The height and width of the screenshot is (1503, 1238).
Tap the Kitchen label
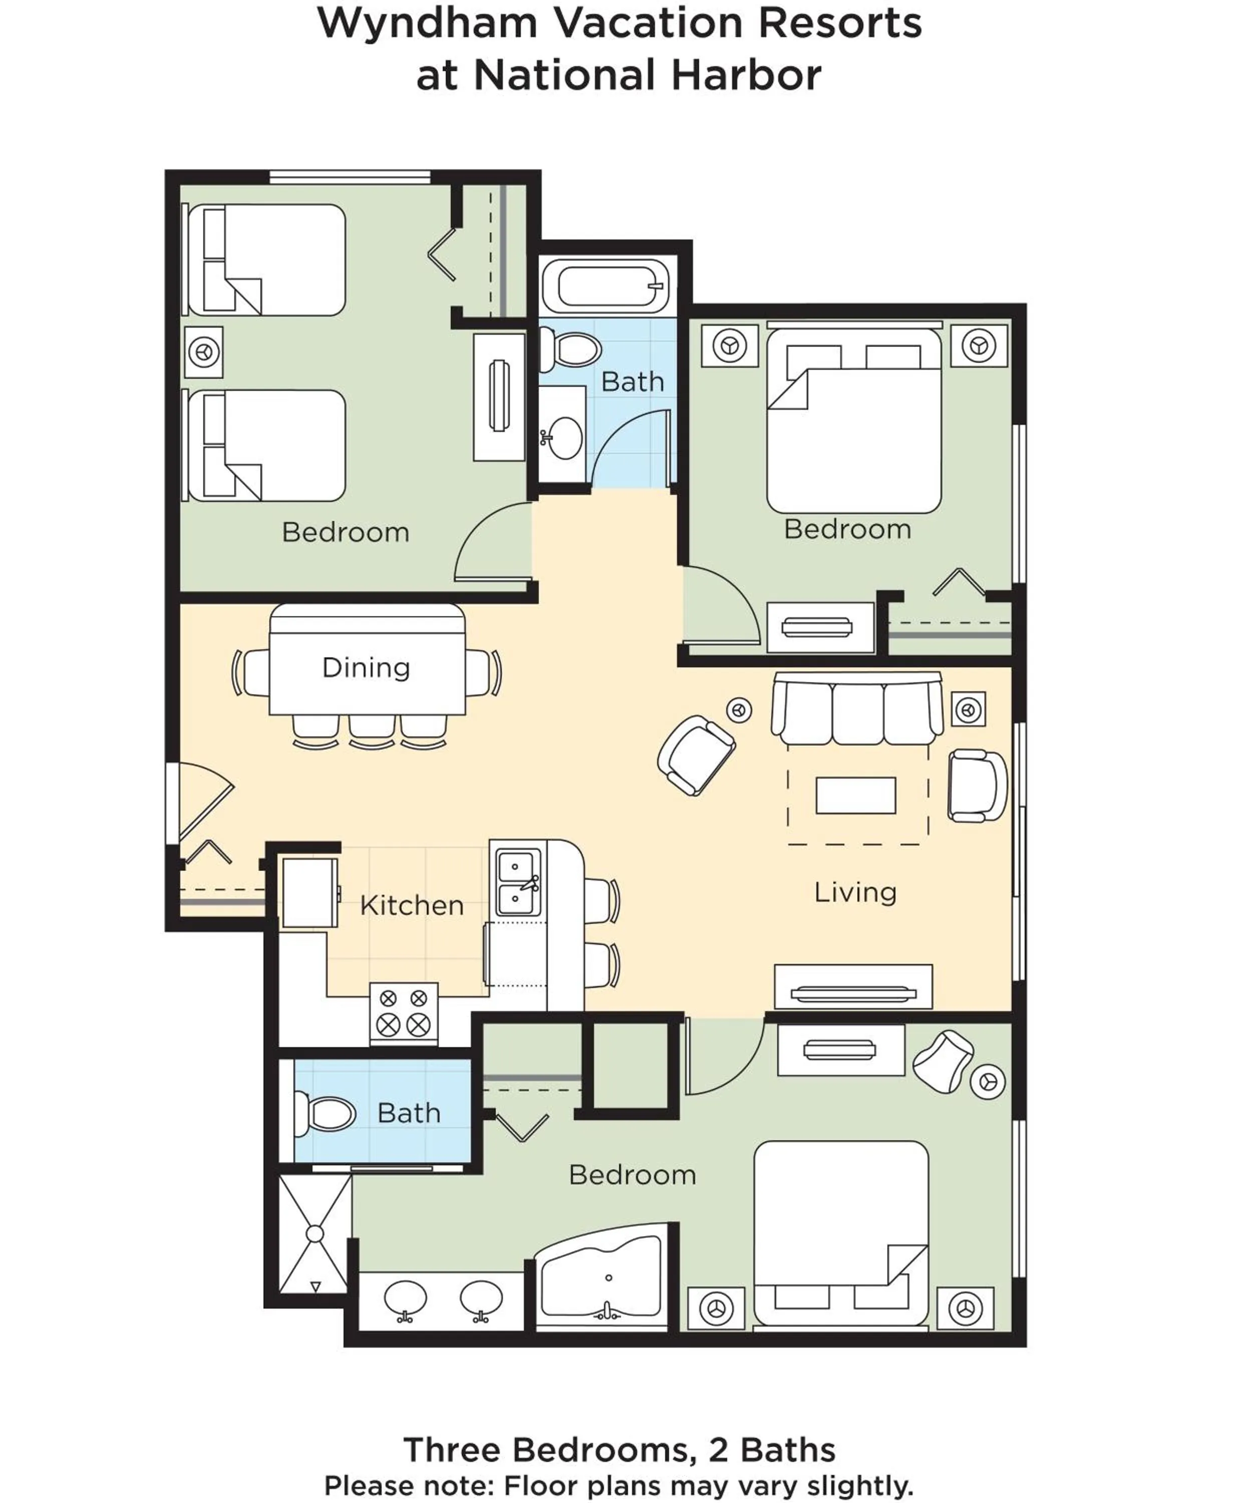[412, 905]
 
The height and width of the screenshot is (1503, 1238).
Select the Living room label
[855, 892]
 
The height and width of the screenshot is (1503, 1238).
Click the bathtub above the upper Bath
[606, 286]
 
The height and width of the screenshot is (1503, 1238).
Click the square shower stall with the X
[315, 1233]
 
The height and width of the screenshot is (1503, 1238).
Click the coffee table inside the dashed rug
[855, 795]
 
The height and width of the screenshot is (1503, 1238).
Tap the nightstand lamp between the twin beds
[204, 352]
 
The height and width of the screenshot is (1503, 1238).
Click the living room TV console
[853, 987]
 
